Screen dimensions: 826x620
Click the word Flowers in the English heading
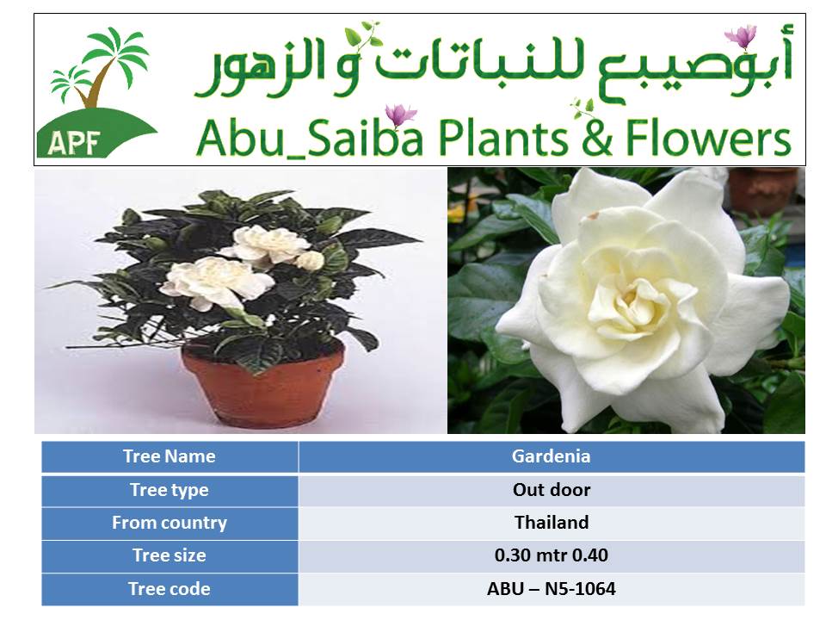708,138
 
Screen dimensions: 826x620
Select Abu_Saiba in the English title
309,138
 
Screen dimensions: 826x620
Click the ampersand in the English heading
597,138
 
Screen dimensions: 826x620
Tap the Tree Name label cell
170,456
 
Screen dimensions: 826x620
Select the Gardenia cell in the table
551,456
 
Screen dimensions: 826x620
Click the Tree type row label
170,490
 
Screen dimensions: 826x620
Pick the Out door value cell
551,490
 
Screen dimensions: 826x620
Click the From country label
170,523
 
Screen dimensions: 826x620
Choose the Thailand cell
551,523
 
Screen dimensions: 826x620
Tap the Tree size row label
170,555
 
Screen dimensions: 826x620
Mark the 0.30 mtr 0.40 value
551,555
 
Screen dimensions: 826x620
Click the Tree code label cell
170,589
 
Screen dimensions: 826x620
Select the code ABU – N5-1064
551,589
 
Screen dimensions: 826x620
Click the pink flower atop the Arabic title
741,36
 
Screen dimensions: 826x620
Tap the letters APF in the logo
74,142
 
